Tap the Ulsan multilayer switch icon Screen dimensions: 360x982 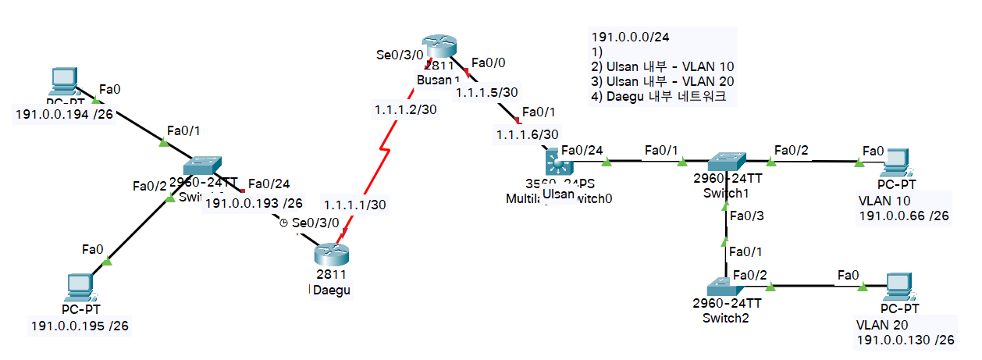(x=559, y=163)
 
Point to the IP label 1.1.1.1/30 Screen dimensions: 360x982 (x=355, y=205)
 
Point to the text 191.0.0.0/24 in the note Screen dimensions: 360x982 (x=631, y=36)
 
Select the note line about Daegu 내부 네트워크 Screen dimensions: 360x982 (x=659, y=98)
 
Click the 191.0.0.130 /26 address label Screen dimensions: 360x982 (x=905, y=340)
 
